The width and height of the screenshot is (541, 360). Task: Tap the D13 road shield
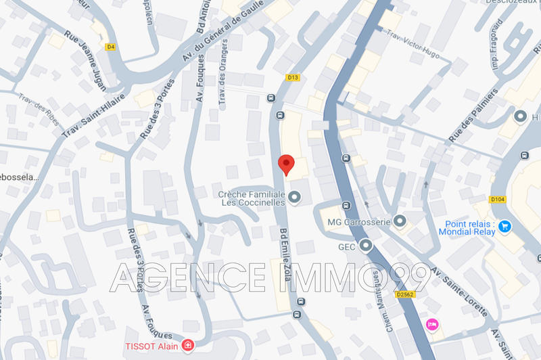coord(293,78)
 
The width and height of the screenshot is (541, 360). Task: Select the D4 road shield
coord(111,47)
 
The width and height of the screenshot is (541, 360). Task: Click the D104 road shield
coord(498,199)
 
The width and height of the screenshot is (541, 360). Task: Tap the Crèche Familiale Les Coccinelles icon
coord(294,198)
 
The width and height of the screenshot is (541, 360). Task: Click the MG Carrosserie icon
coord(400,221)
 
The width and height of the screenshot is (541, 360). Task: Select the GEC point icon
coord(366,245)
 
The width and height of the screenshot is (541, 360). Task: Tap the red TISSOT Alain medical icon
coord(187,346)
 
